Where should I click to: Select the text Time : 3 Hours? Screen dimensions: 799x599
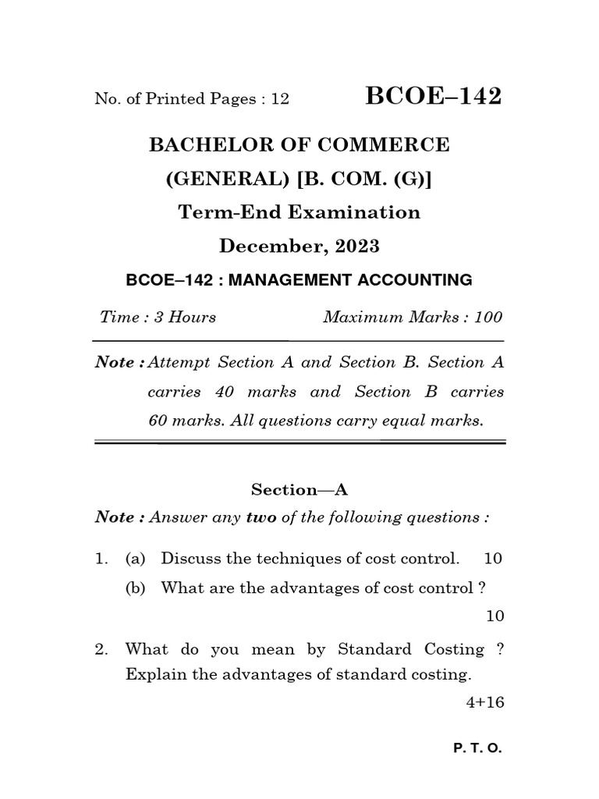coord(158,317)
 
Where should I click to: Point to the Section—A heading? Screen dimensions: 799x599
coord(299,489)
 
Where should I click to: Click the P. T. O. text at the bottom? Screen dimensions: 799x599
coord(477,748)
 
